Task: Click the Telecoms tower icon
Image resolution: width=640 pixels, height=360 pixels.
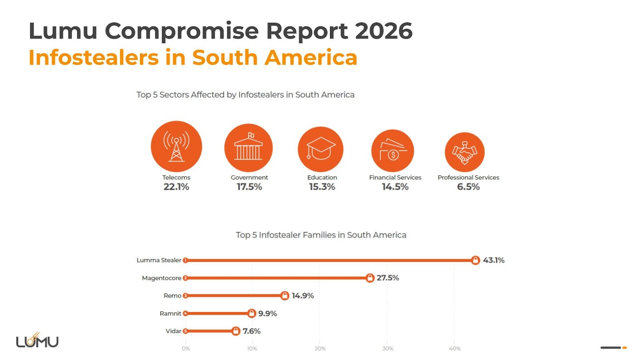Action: pyautogui.click(x=176, y=147)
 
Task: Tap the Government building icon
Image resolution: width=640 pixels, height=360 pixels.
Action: pyautogui.click(x=248, y=148)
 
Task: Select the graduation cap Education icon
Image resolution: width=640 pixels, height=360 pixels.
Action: pyautogui.click(x=320, y=149)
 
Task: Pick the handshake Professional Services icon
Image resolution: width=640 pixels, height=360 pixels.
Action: pyautogui.click(x=464, y=152)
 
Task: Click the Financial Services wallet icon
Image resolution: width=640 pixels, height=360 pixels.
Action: pyautogui.click(x=392, y=151)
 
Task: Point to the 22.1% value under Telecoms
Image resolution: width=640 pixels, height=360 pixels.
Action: pyautogui.click(x=176, y=187)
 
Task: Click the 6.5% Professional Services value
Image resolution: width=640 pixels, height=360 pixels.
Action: pyautogui.click(x=468, y=187)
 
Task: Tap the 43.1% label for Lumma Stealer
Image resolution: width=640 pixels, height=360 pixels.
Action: pyautogui.click(x=493, y=260)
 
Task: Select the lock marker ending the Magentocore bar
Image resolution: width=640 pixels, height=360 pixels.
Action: pyautogui.click(x=370, y=278)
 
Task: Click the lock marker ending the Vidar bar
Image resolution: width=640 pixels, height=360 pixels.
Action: pyautogui.click(x=236, y=331)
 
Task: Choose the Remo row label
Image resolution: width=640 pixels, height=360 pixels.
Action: pyautogui.click(x=172, y=296)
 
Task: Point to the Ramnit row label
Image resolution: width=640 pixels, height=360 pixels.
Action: pyautogui.click(x=170, y=313)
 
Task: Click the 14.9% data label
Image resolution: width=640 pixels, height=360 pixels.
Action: pyautogui.click(x=302, y=296)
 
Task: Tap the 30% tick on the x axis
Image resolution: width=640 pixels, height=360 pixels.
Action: pyautogui.click(x=387, y=348)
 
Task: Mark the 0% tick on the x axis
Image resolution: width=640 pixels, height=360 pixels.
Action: pyautogui.click(x=186, y=348)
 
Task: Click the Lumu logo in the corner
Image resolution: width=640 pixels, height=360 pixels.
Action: pyautogui.click(x=37, y=341)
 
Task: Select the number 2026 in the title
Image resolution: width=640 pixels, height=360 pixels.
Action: pyautogui.click(x=383, y=31)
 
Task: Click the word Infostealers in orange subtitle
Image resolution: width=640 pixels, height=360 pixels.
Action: pyautogui.click(x=94, y=57)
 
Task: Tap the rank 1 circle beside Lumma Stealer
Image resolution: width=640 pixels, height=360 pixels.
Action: pyautogui.click(x=185, y=260)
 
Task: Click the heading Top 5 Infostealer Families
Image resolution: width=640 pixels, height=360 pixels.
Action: pyautogui.click(x=321, y=235)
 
